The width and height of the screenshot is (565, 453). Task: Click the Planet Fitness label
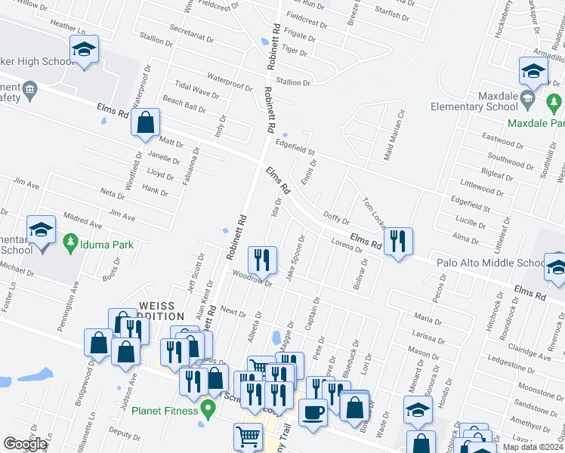pyautogui.click(x=165, y=411)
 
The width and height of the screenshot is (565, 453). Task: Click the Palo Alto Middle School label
pyautogui.click(x=490, y=263)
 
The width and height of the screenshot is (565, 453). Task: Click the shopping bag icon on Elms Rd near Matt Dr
pyautogui.click(x=145, y=122)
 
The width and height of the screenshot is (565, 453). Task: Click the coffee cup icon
pyautogui.click(x=313, y=413)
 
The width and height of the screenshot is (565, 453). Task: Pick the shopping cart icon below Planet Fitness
pyautogui.click(x=248, y=436)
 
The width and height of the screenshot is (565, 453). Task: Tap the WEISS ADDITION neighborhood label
pyautogui.click(x=162, y=310)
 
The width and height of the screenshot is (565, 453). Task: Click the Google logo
pyautogui.click(x=25, y=444)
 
